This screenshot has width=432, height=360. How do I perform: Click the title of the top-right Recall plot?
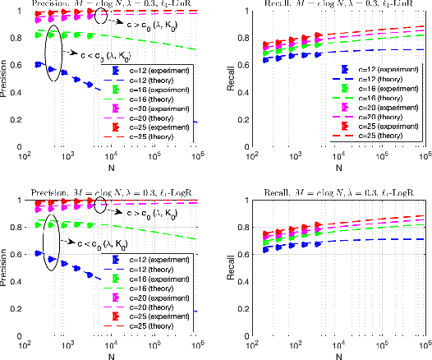click(x=329, y=4)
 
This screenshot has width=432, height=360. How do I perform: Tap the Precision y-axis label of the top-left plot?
click(x=6, y=78)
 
